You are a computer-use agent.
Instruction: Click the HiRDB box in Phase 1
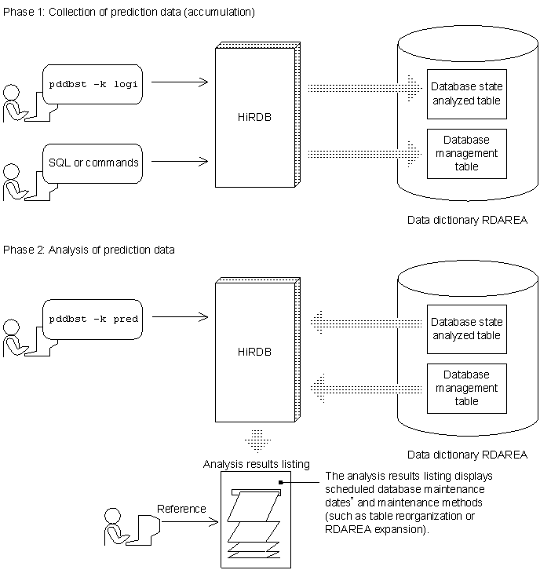(254, 116)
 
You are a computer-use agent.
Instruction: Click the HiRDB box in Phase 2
(254, 351)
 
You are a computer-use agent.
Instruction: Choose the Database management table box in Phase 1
(466, 153)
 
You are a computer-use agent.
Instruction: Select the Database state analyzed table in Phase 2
(466, 329)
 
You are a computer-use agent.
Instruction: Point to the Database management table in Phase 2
(466, 388)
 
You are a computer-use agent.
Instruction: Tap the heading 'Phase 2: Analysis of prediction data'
(89, 250)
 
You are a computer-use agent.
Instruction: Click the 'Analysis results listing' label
(256, 464)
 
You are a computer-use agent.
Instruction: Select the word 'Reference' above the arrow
(181, 508)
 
